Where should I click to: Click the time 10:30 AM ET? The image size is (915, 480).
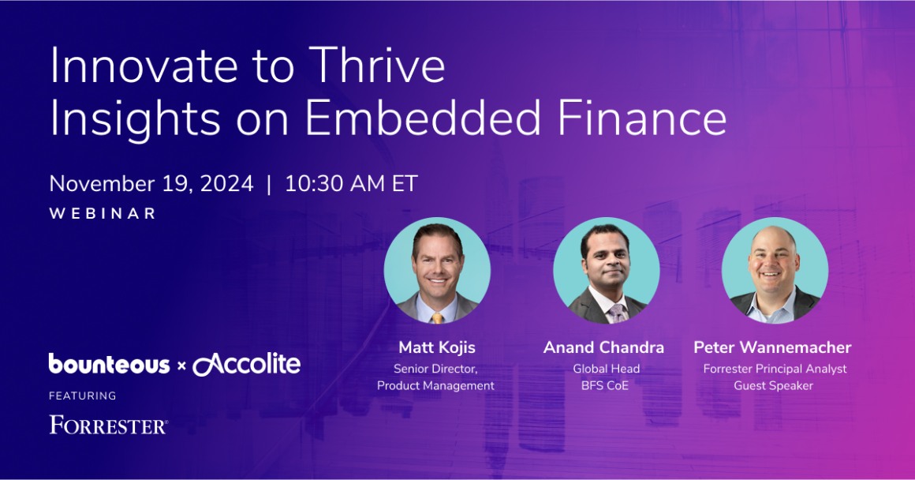[x=351, y=184]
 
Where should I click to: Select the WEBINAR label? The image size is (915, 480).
[x=103, y=214]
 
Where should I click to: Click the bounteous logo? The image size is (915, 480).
[x=109, y=364]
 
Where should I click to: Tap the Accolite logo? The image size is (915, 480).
[x=247, y=364]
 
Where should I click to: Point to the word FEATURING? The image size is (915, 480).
[x=82, y=396]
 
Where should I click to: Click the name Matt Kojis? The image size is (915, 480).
[x=435, y=347]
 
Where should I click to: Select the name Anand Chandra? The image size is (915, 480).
[x=603, y=347]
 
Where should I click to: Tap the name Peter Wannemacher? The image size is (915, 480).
[x=772, y=347]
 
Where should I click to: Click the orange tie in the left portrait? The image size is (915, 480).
[x=437, y=317]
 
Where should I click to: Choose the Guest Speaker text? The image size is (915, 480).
[x=773, y=385]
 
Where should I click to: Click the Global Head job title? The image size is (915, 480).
[x=607, y=369]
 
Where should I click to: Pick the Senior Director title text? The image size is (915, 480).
[x=435, y=369]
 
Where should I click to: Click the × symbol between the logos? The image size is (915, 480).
[x=181, y=366]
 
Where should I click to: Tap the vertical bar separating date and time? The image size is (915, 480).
[x=269, y=184]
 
